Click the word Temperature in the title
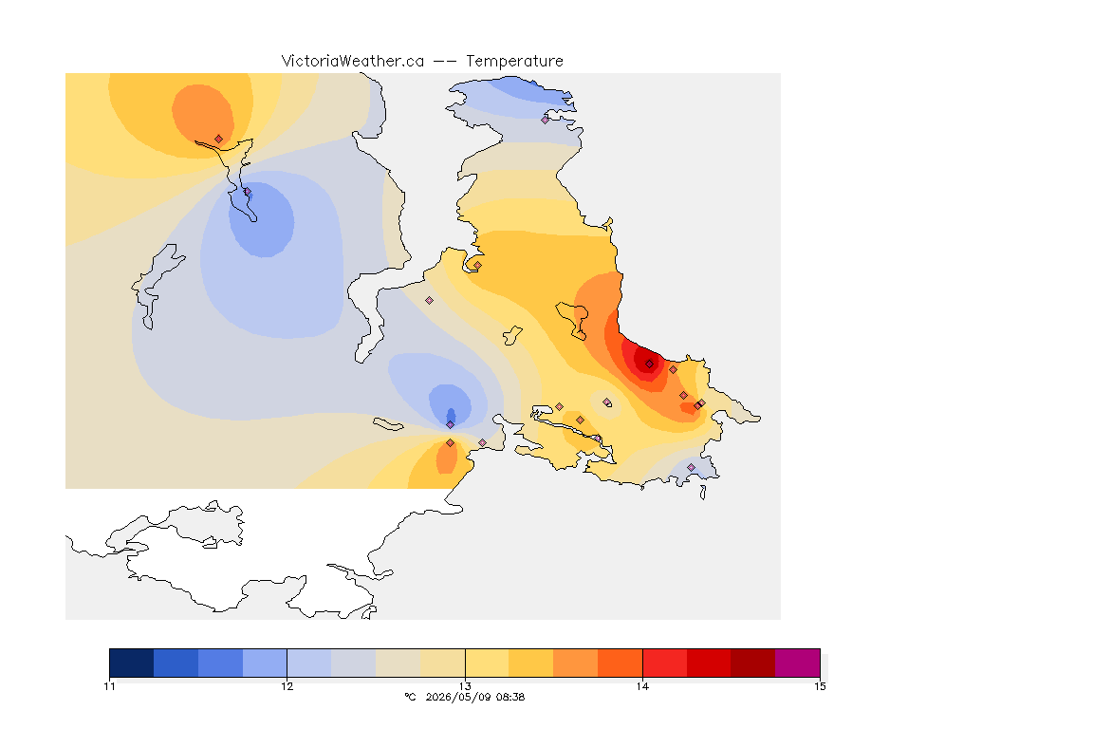(514, 62)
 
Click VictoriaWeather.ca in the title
(353, 62)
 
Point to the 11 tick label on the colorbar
(109, 686)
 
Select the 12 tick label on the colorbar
(287, 686)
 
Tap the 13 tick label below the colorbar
(465, 686)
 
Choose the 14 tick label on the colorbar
(642, 686)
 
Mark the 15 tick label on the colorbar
(820, 686)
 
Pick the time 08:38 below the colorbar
(509, 697)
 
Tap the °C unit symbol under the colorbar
(410, 697)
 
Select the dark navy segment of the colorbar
(132, 663)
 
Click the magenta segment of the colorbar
(797, 663)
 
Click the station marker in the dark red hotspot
(649, 364)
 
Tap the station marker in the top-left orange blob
(219, 140)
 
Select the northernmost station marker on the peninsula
(546, 120)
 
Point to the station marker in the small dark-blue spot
(451, 424)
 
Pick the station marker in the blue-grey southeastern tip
(691, 467)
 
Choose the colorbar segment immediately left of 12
(265, 663)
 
